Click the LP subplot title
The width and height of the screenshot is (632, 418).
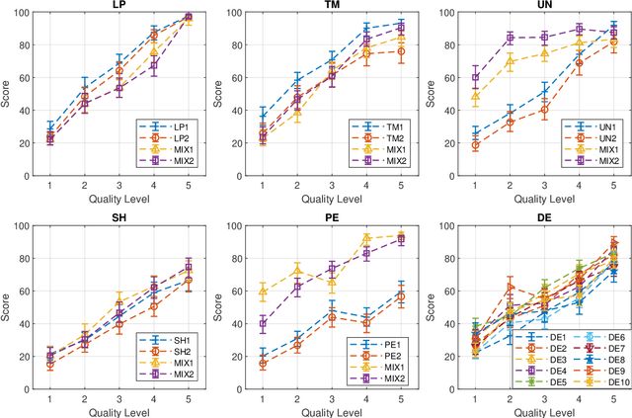[121, 7]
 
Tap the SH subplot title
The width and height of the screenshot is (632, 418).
[121, 217]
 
